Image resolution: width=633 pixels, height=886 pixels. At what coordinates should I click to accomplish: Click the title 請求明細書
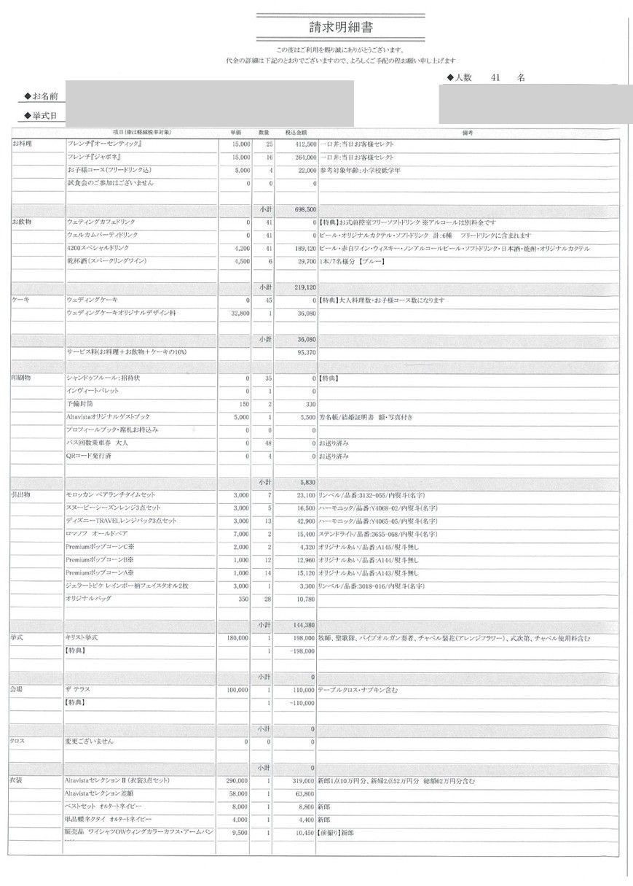point(333,27)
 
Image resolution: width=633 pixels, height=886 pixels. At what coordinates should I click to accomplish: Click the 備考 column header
point(468,133)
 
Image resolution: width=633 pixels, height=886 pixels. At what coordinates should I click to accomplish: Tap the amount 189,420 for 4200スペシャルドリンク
point(302,248)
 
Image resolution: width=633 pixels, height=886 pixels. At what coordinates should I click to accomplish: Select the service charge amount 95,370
point(304,351)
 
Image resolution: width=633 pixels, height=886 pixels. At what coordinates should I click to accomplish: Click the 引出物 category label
point(22,495)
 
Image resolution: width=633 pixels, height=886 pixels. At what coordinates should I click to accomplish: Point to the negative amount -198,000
point(301,650)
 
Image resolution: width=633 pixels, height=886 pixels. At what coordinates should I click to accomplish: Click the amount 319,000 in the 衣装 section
point(302,781)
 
